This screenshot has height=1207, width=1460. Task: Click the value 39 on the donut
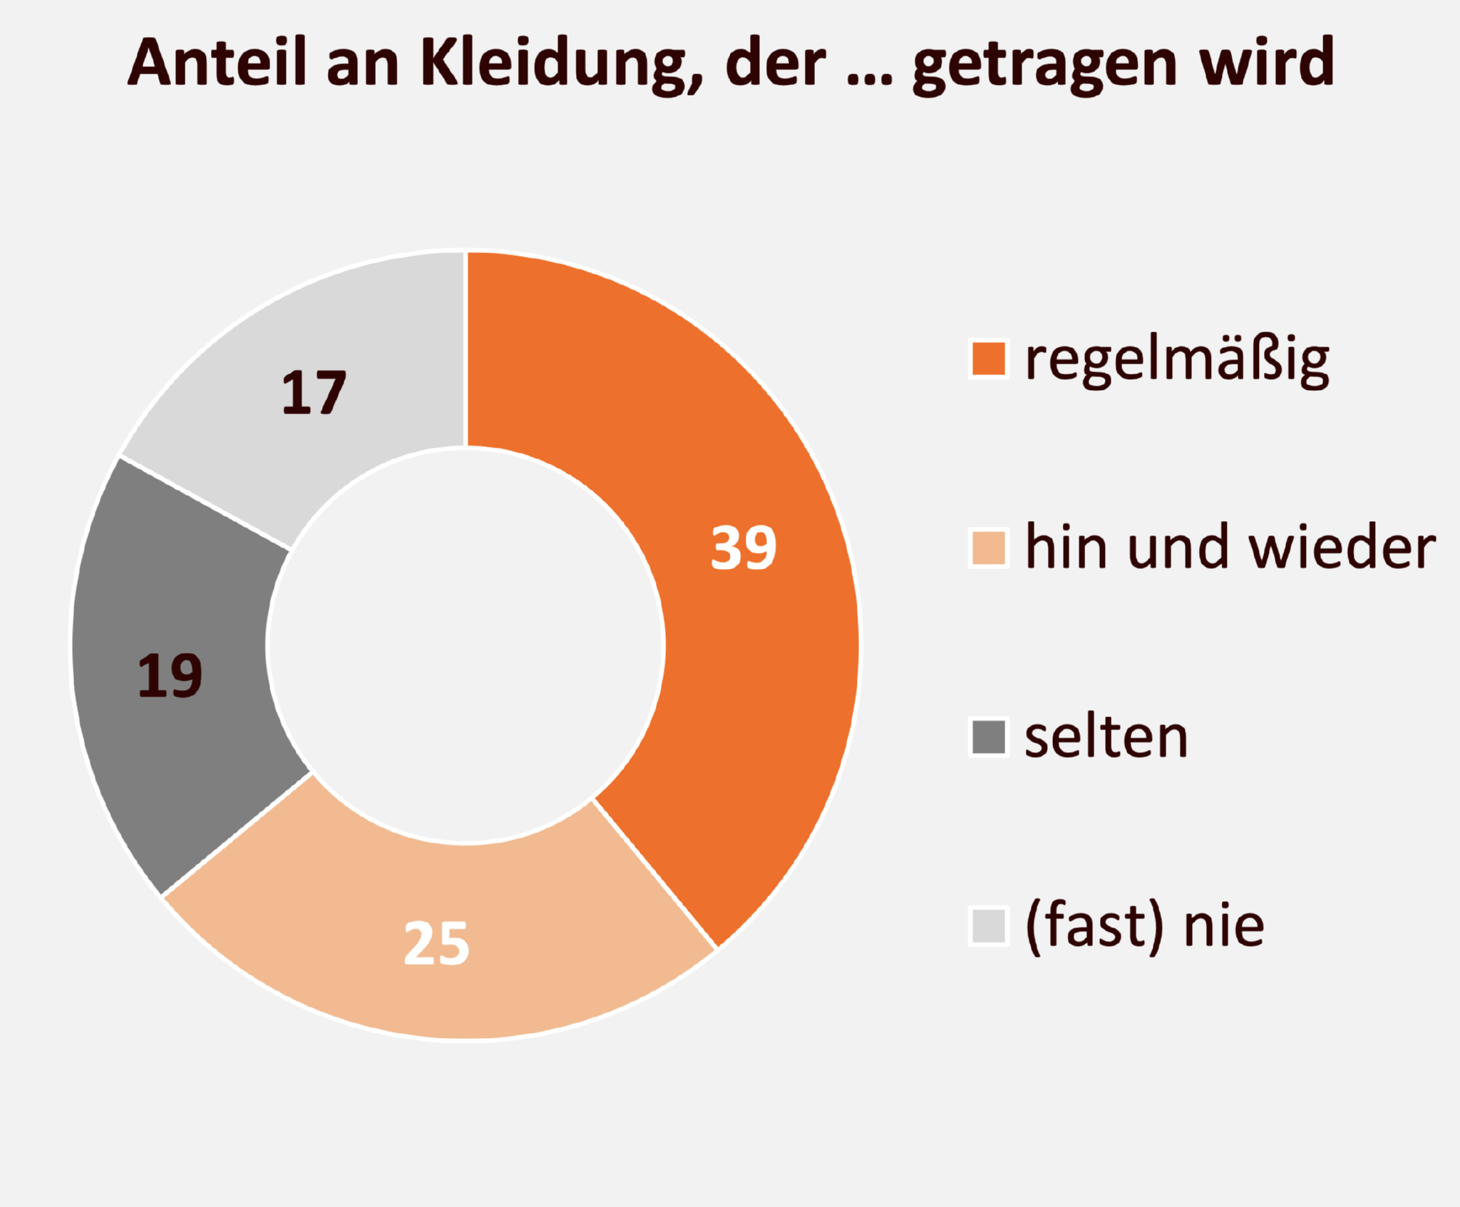(743, 548)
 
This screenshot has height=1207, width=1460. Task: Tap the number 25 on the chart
(436, 943)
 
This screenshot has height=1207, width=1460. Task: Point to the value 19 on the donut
(170, 675)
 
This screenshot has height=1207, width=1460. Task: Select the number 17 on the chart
(314, 393)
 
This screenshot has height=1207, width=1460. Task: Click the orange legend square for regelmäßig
(989, 359)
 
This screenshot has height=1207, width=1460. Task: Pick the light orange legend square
(989, 548)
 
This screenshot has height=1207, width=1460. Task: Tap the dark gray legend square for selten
(989, 737)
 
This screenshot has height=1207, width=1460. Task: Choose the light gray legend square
(989, 926)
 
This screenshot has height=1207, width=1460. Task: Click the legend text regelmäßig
(1177, 361)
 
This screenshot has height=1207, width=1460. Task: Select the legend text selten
(1106, 737)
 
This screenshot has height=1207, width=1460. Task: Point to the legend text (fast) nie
(1144, 927)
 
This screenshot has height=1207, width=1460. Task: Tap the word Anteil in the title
(217, 62)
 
